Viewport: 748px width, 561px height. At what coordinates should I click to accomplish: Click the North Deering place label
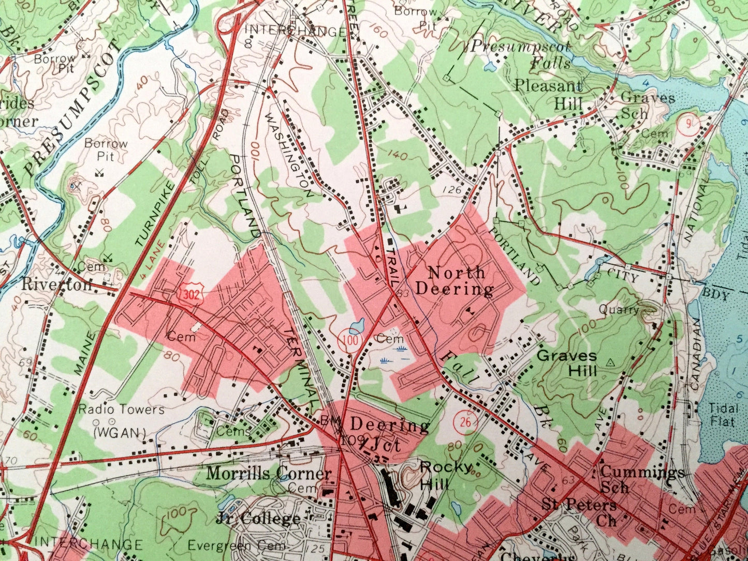click(x=454, y=280)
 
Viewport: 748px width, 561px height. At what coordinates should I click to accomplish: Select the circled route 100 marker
click(x=351, y=341)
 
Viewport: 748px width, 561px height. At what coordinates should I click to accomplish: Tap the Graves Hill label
click(x=566, y=363)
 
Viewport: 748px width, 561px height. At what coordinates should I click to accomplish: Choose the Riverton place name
click(x=56, y=284)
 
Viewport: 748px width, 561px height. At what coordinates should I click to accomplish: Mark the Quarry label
click(x=619, y=310)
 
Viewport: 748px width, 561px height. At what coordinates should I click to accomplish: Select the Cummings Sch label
click(x=642, y=479)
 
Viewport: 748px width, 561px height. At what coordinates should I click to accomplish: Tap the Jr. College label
click(x=258, y=518)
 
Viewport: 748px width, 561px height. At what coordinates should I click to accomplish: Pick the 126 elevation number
click(x=452, y=190)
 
